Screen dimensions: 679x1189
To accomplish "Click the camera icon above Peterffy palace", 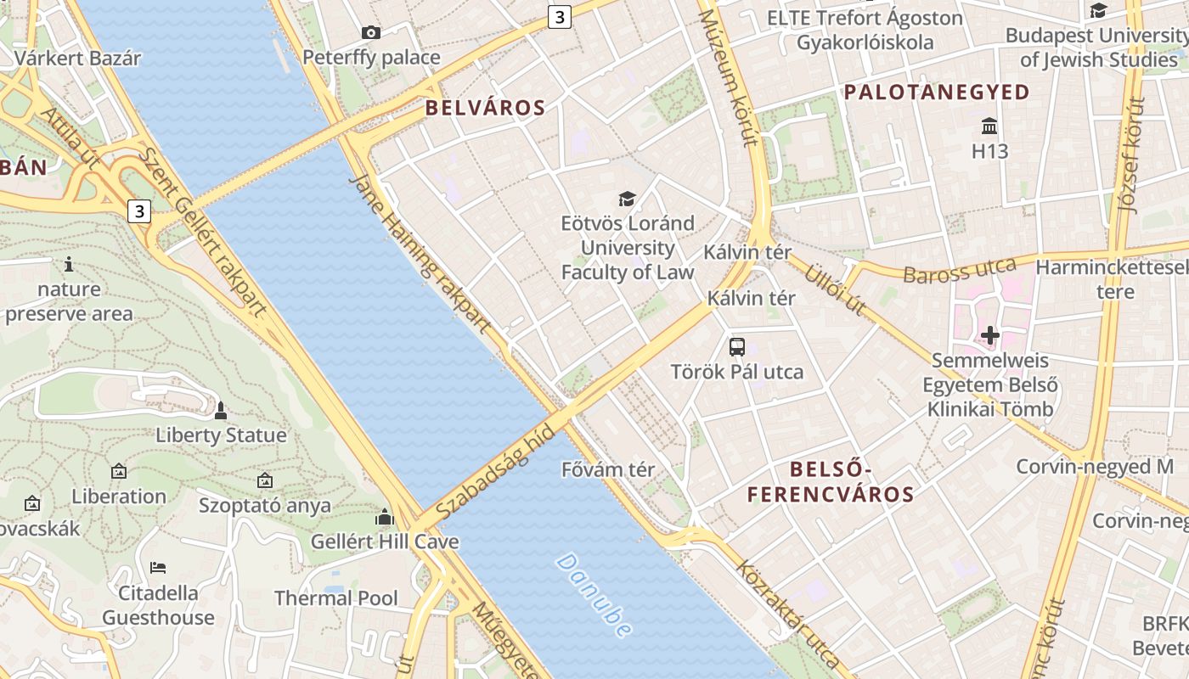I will pyautogui.click(x=370, y=33).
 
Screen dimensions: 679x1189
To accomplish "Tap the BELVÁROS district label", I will pyautogui.click(x=485, y=108).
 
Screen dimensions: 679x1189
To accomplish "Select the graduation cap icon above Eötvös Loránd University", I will pyautogui.click(x=627, y=199).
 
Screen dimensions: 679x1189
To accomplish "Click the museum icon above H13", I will pyautogui.click(x=989, y=126).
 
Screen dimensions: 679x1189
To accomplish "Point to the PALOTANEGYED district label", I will pyautogui.click(x=937, y=92).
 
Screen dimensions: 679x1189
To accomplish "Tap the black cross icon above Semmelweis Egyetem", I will pyautogui.click(x=990, y=335).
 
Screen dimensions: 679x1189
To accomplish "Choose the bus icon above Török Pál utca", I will pyautogui.click(x=737, y=346).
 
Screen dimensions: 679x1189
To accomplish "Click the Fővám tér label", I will pyautogui.click(x=608, y=469).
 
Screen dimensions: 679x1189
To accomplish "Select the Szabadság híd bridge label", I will pyautogui.click(x=496, y=473).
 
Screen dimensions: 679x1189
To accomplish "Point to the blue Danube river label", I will pyautogui.click(x=594, y=595).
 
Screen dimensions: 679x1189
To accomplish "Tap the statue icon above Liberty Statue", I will pyautogui.click(x=221, y=411).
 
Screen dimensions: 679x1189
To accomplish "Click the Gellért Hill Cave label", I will pyautogui.click(x=385, y=542).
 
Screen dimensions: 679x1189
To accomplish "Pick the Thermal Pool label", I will pyautogui.click(x=336, y=598).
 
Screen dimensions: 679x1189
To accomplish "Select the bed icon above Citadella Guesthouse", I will pyautogui.click(x=158, y=567).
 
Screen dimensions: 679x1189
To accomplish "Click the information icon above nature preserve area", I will pyautogui.click(x=69, y=264).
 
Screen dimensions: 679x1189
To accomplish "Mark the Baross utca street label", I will pyautogui.click(x=959, y=271).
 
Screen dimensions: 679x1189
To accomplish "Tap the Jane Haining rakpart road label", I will pyautogui.click(x=420, y=253).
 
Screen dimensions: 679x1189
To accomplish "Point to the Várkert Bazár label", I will pyautogui.click(x=77, y=59).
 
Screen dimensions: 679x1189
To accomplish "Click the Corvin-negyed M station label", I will pyautogui.click(x=1095, y=467).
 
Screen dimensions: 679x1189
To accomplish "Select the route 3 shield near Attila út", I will pyautogui.click(x=140, y=210).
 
